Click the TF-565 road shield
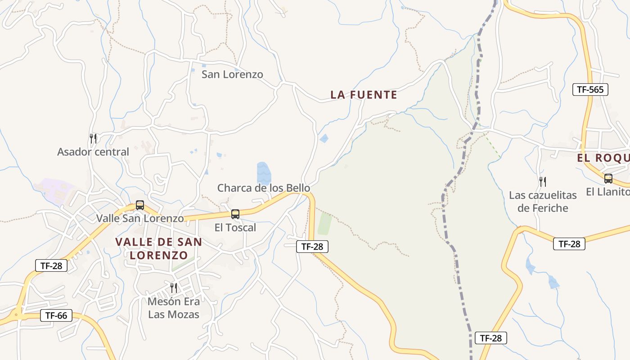coord(590,90)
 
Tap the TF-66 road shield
coord(56,315)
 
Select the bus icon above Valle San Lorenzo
coord(140,205)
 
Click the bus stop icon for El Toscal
coord(235,214)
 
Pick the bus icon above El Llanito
coord(608,179)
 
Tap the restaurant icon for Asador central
coord(93,138)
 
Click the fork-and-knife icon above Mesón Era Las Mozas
coord(174,288)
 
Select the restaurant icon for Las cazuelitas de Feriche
coord(543,182)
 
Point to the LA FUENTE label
coord(364,95)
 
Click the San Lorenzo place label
coord(232,74)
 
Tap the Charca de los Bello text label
coord(264,188)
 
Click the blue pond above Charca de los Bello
coord(264,173)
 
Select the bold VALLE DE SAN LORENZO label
coord(158,248)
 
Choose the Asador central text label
coord(93,152)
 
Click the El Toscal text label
coord(235,228)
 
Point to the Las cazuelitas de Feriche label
coord(543,202)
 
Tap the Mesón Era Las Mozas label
coord(174,308)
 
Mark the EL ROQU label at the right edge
coord(603,158)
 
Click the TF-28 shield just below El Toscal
coord(312,246)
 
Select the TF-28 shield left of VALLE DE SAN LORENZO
coord(51,265)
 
